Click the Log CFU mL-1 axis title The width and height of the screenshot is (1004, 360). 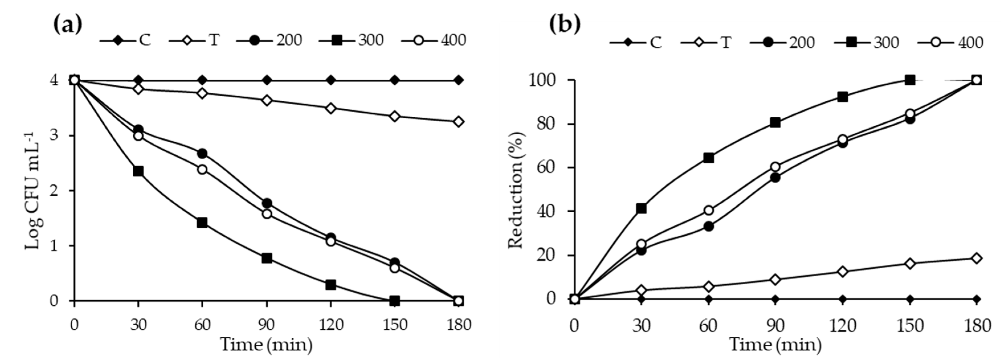34,191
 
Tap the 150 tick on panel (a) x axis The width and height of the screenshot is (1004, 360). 395,324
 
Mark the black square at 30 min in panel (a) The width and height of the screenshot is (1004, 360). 138,171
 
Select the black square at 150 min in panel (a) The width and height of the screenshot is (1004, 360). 394,301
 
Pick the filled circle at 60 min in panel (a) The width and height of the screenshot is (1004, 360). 202,153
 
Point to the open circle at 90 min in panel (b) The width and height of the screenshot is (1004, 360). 775,167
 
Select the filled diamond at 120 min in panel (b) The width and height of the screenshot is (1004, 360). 843,299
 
